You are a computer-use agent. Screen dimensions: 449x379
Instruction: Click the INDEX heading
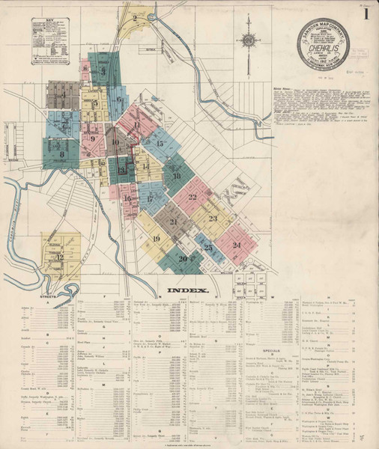(x=182, y=290)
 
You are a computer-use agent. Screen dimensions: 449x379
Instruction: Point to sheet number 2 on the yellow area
(x=135, y=17)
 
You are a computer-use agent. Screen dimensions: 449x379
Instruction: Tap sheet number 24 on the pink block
(x=237, y=245)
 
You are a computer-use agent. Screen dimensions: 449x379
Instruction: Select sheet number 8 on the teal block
(x=61, y=154)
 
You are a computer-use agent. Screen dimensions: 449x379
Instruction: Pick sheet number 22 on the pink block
(x=192, y=198)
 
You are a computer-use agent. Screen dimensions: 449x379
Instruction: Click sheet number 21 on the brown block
(x=174, y=222)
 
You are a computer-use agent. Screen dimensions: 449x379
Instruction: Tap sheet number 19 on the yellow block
(x=157, y=239)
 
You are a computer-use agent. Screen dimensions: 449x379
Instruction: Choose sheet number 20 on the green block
(x=183, y=258)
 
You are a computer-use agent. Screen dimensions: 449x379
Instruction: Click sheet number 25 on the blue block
(x=208, y=248)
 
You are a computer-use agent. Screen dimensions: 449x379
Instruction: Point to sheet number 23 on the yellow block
(x=213, y=218)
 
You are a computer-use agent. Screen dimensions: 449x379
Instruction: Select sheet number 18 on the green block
(x=177, y=177)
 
